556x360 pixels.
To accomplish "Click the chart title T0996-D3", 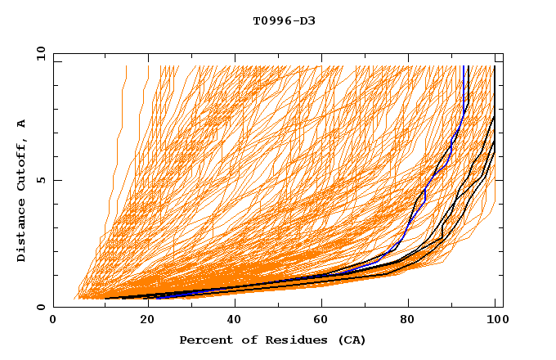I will [284, 20].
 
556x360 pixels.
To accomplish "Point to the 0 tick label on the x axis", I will [53, 320].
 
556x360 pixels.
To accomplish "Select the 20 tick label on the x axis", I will [142, 320].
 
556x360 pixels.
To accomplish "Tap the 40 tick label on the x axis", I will [231, 320].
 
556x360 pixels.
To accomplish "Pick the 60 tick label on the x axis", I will [319, 320].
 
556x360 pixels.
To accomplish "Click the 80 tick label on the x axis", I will [407, 320].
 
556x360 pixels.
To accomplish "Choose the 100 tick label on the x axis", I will [493, 320].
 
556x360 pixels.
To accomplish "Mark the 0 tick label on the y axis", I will [41, 308].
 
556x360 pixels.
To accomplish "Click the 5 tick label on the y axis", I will [41, 180].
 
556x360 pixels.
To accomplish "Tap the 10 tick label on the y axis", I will [38, 53].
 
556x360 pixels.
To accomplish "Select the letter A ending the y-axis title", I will [22, 123].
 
